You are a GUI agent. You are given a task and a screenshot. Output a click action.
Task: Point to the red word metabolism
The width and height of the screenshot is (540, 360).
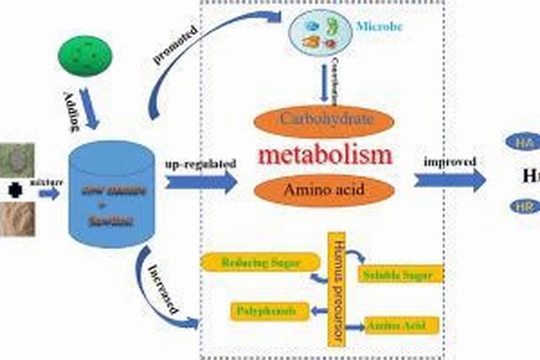click(x=325, y=155)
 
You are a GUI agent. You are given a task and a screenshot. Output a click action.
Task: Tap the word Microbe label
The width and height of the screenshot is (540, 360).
click(x=380, y=27)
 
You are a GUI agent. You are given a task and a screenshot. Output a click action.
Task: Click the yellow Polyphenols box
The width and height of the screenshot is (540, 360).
click(x=270, y=311)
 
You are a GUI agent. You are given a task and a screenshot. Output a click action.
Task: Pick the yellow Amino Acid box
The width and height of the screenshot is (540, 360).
click(x=402, y=325)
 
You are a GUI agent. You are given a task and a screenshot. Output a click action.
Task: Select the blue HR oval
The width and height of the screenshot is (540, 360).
click(x=522, y=207)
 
